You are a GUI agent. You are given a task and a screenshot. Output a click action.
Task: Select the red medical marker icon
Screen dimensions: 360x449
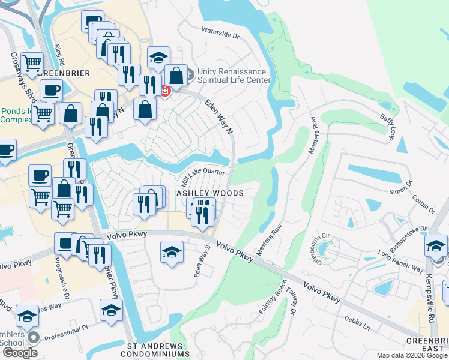click(x=164, y=91)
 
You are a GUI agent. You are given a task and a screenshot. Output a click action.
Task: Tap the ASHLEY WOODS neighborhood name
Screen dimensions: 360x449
click(x=209, y=193)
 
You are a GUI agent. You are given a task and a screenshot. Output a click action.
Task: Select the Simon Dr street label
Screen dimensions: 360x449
click(x=401, y=187)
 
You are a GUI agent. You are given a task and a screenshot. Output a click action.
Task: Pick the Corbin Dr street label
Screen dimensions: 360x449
click(x=423, y=200)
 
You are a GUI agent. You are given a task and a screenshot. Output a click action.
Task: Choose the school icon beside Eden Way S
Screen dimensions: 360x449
click(x=172, y=251)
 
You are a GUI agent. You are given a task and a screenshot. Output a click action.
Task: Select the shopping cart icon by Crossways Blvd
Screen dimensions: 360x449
click(x=32, y=62)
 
